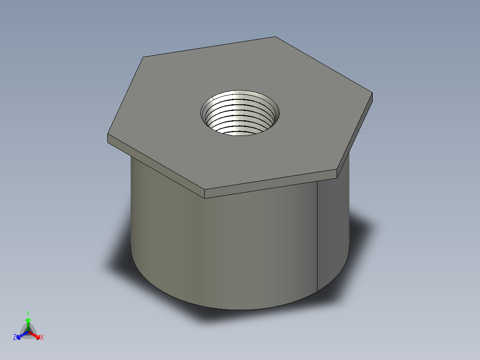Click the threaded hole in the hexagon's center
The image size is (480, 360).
pyautogui.click(x=240, y=114)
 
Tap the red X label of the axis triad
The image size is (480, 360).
pyautogui.click(x=42, y=338)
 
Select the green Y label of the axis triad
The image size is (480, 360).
pyautogui.click(x=28, y=313)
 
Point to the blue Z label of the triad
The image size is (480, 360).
pyautogui.click(x=15, y=338)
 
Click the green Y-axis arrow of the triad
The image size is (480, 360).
pyautogui.click(x=28, y=323)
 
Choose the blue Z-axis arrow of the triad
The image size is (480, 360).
pyautogui.click(x=20, y=335)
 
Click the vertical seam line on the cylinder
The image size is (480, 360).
pyautogui.click(x=317, y=236)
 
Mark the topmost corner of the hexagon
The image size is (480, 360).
pyautogui.click(x=275, y=37)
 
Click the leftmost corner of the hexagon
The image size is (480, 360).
pyautogui.click(x=108, y=135)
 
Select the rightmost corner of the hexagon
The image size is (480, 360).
pyautogui.click(x=372, y=93)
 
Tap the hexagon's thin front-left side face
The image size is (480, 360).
pyautogui.click(x=156, y=167)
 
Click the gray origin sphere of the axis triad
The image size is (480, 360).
pyautogui.click(x=28, y=332)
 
